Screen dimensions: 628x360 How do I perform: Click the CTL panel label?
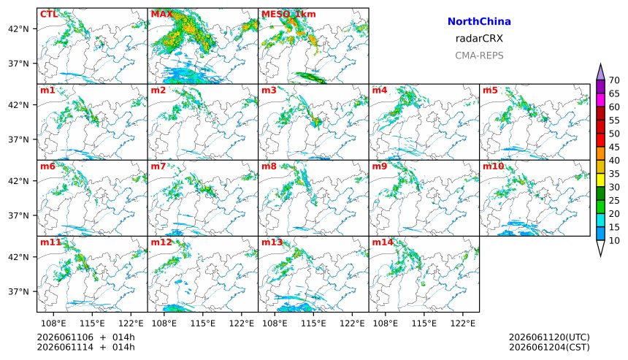[x=49, y=15]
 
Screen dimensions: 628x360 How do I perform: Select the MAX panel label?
[x=162, y=15]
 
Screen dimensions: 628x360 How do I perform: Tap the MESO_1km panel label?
[x=288, y=15]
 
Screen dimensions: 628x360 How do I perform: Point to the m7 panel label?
[x=158, y=166]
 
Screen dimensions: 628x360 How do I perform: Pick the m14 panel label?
[x=383, y=242]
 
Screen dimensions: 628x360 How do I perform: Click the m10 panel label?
[x=493, y=166]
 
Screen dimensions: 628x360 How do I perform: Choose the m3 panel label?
[x=269, y=90]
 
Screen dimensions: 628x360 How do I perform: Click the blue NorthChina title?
[x=479, y=22]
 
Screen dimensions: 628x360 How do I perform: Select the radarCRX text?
[x=479, y=39]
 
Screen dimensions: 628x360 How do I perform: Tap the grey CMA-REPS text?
[x=479, y=55]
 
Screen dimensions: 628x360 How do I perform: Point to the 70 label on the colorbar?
[x=614, y=80]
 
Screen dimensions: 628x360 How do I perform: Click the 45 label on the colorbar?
[x=614, y=147]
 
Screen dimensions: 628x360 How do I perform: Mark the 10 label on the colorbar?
[x=614, y=241]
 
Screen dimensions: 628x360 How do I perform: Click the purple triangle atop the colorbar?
[x=600, y=73]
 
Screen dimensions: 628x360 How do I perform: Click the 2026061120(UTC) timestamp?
[x=549, y=337]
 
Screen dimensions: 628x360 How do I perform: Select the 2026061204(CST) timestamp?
[x=549, y=347]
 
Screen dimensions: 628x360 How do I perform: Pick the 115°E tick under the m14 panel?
[x=424, y=323]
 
